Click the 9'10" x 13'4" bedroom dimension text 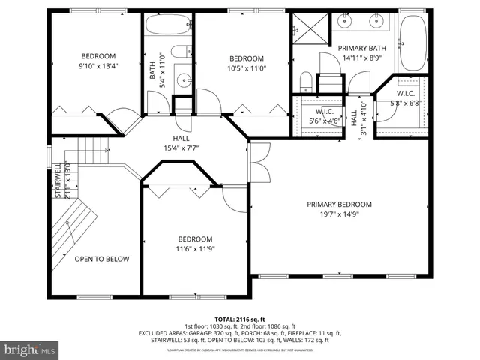click(x=98, y=64)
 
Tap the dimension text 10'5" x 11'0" click(x=246, y=68)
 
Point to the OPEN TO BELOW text click(x=101, y=259)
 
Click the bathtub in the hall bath click(x=167, y=28)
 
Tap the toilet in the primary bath click(x=306, y=80)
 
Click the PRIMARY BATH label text click(x=361, y=47)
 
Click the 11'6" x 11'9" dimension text click(x=194, y=248)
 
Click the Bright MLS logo click(x=30, y=349)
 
